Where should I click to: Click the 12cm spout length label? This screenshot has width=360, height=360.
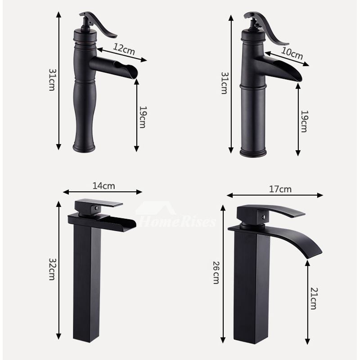(x=124, y=49)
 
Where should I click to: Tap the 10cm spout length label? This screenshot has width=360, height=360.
(x=292, y=54)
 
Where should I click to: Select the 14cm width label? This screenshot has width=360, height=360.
(x=104, y=186)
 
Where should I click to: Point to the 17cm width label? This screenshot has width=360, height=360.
(x=280, y=189)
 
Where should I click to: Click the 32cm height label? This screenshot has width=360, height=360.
(x=52, y=269)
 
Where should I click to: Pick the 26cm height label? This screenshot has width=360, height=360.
(x=216, y=273)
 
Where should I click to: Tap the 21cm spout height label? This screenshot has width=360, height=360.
(x=314, y=298)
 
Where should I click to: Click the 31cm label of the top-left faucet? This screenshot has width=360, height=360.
(x=52, y=80)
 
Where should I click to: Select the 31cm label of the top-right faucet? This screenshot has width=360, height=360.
(x=225, y=83)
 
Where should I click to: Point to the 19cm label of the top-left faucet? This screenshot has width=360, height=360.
(x=143, y=117)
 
